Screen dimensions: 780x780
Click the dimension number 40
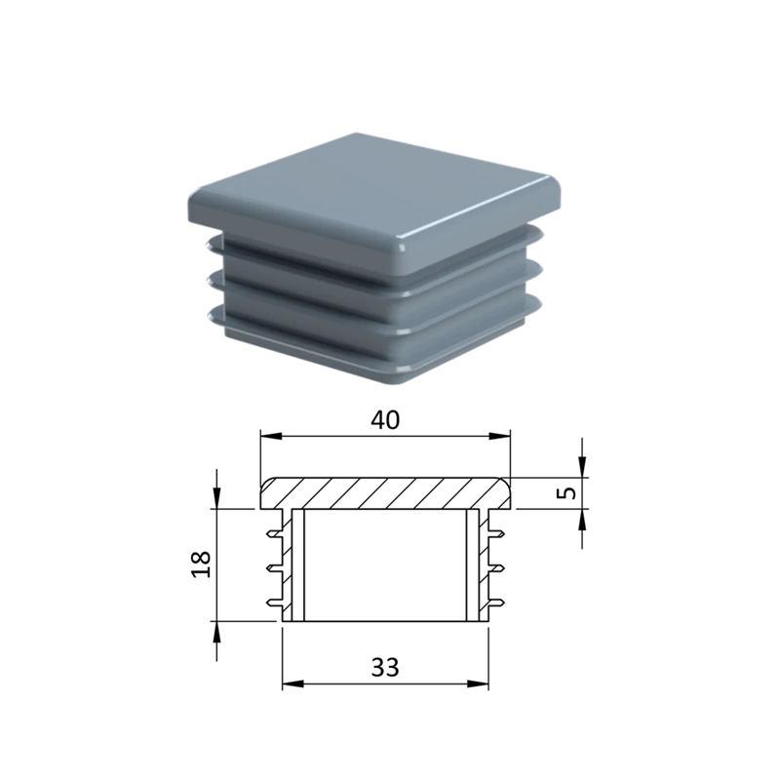[x=385, y=420]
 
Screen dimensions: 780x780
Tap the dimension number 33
[x=385, y=668]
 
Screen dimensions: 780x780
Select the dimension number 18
[x=202, y=565]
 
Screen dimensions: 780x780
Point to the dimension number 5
[x=568, y=492]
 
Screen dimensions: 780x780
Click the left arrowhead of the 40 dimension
[x=271, y=436]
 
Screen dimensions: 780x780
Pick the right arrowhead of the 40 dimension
[x=499, y=436]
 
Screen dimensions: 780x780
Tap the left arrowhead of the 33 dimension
[x=293, y=684]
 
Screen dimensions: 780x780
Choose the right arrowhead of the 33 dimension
[x=478, y=684]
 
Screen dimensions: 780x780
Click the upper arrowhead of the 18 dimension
[x=216, y=498]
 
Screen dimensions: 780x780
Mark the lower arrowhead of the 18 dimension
[x=216, y=632]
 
